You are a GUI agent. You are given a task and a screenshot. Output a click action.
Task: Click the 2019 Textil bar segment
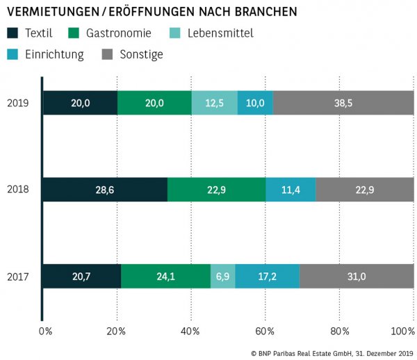pos(80,103)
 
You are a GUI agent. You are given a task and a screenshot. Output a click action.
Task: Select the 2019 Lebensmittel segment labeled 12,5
pos(214,103)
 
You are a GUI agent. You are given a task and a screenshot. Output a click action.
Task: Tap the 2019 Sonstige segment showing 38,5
pos(343,103)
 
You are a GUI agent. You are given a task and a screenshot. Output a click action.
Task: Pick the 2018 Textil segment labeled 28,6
pos(104,189)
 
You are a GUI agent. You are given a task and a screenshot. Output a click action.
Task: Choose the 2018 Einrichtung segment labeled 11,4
pos(291,189)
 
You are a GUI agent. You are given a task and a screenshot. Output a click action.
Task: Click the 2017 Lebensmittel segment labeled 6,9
pos(222,276)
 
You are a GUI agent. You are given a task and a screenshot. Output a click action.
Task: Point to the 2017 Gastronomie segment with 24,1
pos(165,276)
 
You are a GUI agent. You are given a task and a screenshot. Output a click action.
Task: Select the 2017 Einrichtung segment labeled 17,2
pos(267,276)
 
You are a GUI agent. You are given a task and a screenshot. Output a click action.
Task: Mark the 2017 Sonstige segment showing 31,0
pos(357,276)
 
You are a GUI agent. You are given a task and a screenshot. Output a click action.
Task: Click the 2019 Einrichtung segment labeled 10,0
pos(255,103)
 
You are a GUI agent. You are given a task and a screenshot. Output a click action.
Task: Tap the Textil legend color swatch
pos(13,33)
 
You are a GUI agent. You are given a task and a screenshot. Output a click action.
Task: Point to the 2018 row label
pos(17,189)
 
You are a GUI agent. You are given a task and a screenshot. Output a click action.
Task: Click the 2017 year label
pos(17,276)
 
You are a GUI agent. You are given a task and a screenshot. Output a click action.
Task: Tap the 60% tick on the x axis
pos(265,330)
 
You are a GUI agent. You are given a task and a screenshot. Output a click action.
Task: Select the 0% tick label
pos(46,330)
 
